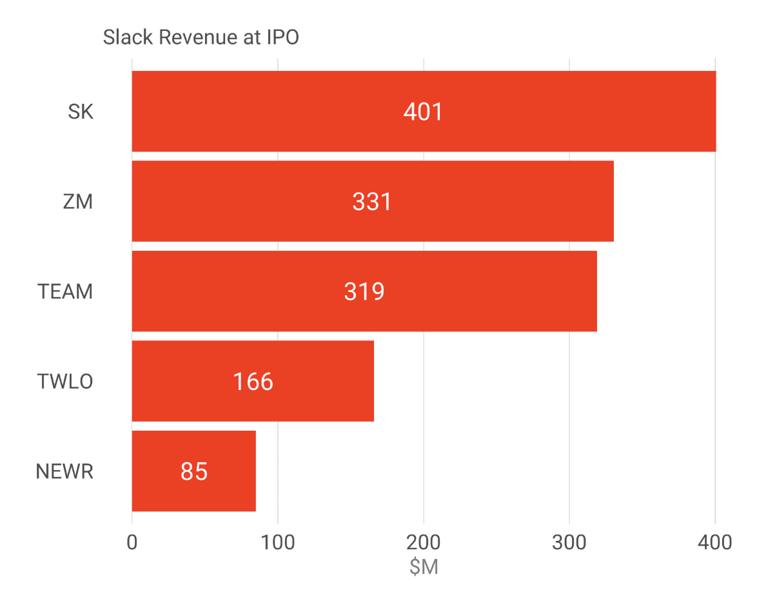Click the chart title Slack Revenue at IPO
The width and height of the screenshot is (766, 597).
[x=201, y=38]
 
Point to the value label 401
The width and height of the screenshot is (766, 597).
[x=423, y=112]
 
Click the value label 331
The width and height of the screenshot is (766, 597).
[x=372, y=202]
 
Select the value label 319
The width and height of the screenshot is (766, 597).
[x=364, y=292]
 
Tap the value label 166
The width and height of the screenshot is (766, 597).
[x=253, y=382]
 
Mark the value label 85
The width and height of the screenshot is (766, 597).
[x=194, y=472]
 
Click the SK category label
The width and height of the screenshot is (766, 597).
[x=81, y=112]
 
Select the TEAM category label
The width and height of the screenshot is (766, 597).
[x=65, y=292]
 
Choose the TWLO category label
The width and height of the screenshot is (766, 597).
[x=65, y=382]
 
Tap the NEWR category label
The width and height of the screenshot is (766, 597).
[x=64, y=472]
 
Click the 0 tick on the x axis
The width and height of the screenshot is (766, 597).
[x=132, y=542]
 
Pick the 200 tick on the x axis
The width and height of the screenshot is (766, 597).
[x=424, y=542]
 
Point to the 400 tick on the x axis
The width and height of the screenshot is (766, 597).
[x=715, y=542]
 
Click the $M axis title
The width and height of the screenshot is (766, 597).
[x=424, y=567]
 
